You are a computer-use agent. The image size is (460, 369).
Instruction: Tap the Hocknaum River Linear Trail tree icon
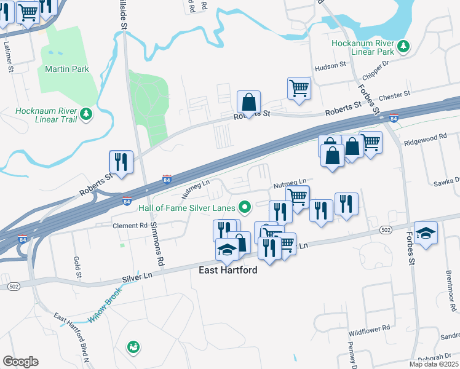(x=87, y=114)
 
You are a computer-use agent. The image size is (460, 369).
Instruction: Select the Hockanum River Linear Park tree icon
(x=403, y=46)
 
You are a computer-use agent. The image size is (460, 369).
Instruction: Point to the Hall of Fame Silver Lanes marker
(x=245, y=207)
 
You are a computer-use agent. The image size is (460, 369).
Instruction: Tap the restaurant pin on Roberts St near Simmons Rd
(x=121, y=162)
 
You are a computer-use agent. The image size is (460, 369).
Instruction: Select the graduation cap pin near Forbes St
(x=426, y=233)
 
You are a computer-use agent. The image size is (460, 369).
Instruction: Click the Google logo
(x=20, y=362)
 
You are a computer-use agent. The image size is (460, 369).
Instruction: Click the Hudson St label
(x=330, y=66)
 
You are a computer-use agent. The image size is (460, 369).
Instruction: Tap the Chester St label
(x=395, y=96)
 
